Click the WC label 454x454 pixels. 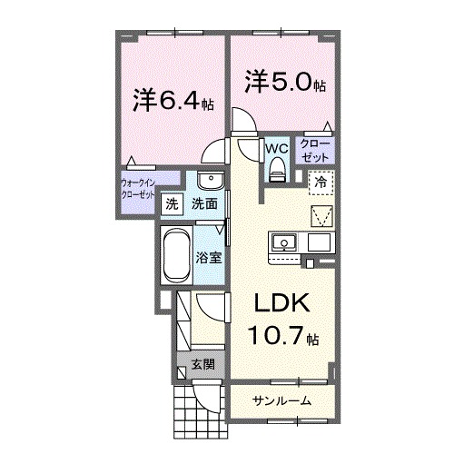pyautogui.click(x=276, y=146)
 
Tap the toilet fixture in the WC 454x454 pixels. pyautogui.click(x=276, y=165)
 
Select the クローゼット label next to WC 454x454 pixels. pyautogui.click(x=318, y=150)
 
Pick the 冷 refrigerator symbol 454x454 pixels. pyautogui.click(x=320, y=182)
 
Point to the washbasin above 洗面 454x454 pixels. pyautogui.click(x=206, y=179)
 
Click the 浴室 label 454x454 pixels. pyautogui.click(x=209, y=257)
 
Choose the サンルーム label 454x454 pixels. pyautogui.click(x=281, y=400)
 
